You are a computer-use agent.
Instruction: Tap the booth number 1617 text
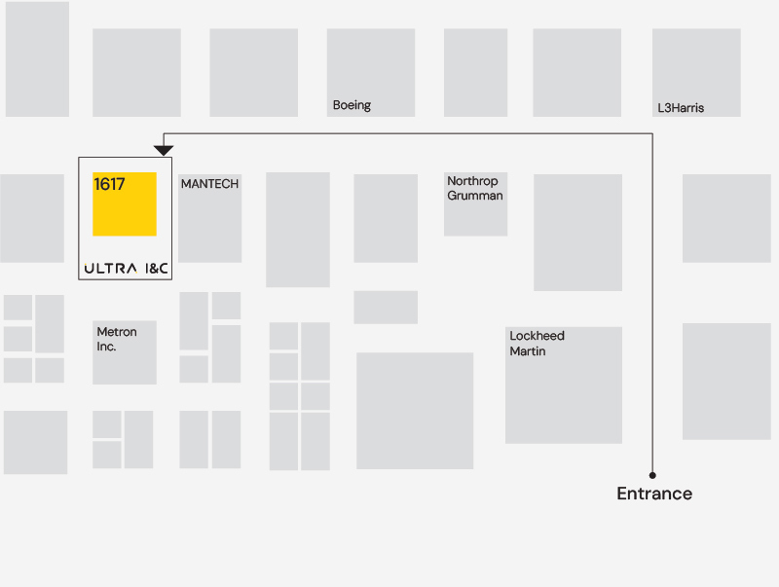[x=109, y=184]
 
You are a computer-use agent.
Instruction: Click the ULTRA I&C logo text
[x=127, y=268]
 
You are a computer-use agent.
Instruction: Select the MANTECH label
[x=209, y=184]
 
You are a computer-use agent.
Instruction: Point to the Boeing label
[x=352, y=105]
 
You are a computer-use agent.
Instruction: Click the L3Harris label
[x=681, y=108]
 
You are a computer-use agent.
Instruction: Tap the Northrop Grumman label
[x=474, y=189]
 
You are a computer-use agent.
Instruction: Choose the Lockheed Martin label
[x=537, y=344]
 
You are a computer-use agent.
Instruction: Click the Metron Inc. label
[x=117, y=339]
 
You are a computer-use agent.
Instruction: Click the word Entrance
[x=654, y=494]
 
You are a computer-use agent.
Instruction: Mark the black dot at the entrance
[x=652, y=475]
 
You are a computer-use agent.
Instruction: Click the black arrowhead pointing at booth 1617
[x=164, y=150]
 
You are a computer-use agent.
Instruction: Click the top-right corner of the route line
[x=652, y=134]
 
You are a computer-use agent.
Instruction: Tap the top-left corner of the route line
[x=164, y=134]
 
